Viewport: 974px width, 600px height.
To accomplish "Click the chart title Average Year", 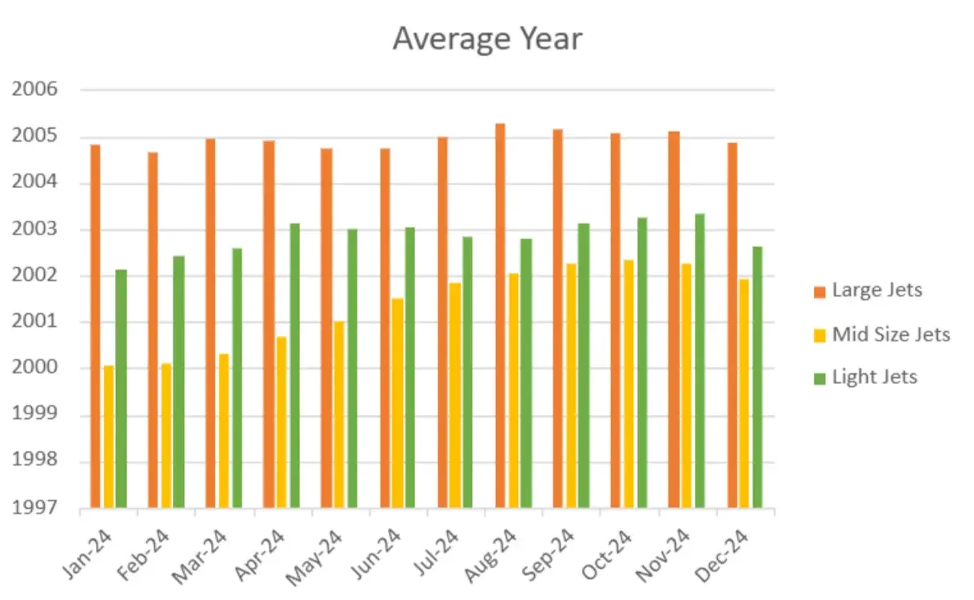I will coord(487,38).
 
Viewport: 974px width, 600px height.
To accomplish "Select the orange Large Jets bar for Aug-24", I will coord(500,316).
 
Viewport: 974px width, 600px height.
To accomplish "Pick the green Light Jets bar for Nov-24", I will coord(700,360).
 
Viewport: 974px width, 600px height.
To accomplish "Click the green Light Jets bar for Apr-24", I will coord(294,365).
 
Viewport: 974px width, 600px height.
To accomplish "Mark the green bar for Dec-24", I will coord(756,377).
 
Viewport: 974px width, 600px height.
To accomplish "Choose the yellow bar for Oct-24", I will coord(629,383).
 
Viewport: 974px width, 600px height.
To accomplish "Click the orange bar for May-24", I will coord(326,328).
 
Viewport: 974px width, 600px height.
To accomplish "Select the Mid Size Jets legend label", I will coord(891,334).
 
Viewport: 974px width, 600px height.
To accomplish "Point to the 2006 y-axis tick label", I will coord(35,90).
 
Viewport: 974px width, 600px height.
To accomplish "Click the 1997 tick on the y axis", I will coord(35,507).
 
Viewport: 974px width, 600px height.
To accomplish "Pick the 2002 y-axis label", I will coord(35,275).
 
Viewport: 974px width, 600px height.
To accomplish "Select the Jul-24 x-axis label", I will coord(437,553).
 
